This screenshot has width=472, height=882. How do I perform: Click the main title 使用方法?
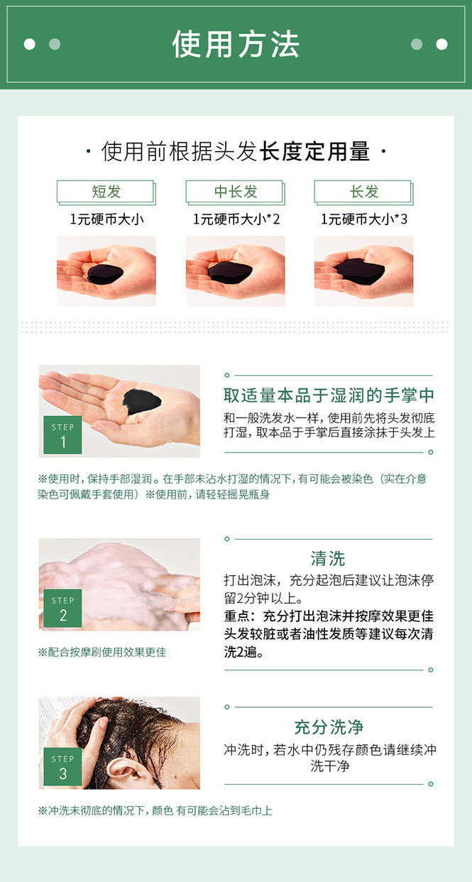tap(236, 44)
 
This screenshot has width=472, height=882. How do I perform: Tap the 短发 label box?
tap(106, 192)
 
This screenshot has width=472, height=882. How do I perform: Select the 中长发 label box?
tap(236, 192)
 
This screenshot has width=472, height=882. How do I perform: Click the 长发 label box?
tap(363, 192)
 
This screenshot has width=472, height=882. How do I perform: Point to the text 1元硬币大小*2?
tap(236, 219)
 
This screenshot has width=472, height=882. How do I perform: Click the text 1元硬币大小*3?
tap(364, 219)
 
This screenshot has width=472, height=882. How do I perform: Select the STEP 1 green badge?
tap(62, 435)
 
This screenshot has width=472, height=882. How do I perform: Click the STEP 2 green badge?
tap(62, 608)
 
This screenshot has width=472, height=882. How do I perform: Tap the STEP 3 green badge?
tap(62, 766)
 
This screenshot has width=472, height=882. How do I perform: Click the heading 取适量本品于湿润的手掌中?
tap(329, 395)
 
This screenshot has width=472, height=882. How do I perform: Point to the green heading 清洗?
tap(328, 558)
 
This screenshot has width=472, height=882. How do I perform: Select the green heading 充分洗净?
tap(329, 727)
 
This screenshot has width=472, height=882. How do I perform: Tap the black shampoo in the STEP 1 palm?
tap(141, 402)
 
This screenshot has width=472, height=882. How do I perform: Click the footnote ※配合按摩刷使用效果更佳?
tap(102, 653)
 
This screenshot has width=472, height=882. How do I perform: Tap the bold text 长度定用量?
tap(314, 151)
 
